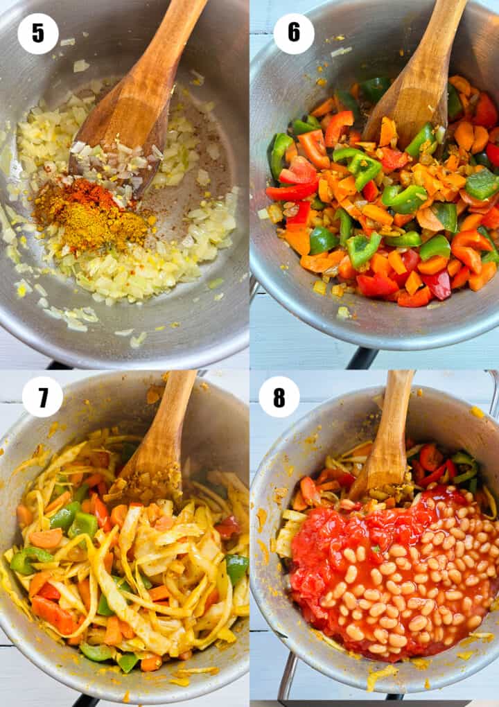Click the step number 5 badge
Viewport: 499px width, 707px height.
click(x=38, y=34)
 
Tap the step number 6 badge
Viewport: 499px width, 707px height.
click(x=293, y=33)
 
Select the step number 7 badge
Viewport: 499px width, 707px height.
click(x=42, y=396)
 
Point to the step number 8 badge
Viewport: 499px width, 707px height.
click(x=279, y=396)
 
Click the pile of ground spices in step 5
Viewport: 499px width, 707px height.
click(x=92, y=215)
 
